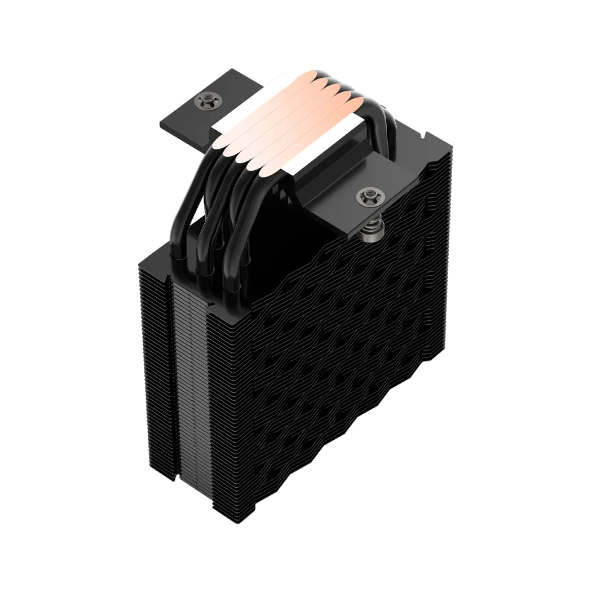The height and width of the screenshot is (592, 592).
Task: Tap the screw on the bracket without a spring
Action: [220, 101]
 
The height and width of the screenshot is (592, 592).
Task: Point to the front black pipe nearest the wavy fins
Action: [233, 248]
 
